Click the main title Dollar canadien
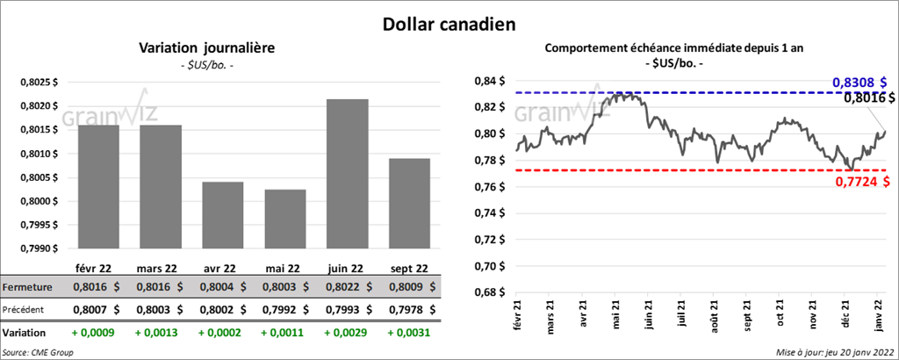tap(448, 22)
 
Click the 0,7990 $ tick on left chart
tap(39, 248)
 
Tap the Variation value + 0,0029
tap(346, 334)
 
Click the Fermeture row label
tap(29, 287)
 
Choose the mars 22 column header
tap(159, 268)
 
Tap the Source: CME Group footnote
tap(38, 352)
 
